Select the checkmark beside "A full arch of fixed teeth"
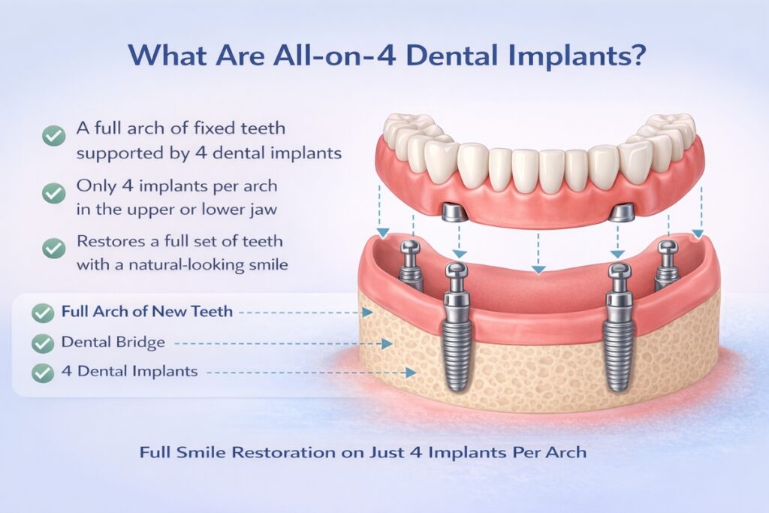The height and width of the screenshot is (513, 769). click(x=53, y=137)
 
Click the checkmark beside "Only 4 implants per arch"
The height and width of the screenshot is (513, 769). click(x=53, y=192)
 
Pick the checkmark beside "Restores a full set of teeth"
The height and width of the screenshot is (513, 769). click(x=53, y=249)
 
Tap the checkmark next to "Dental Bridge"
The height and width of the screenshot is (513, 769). click(x=43, y=344)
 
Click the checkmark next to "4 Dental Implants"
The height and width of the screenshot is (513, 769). click(x=43, y=372)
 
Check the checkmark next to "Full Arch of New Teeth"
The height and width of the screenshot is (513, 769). click(x=43, y=312)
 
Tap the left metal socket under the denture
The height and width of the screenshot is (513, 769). click(x=453, y=213)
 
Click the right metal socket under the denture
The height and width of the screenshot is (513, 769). click(x=623, y=213)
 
